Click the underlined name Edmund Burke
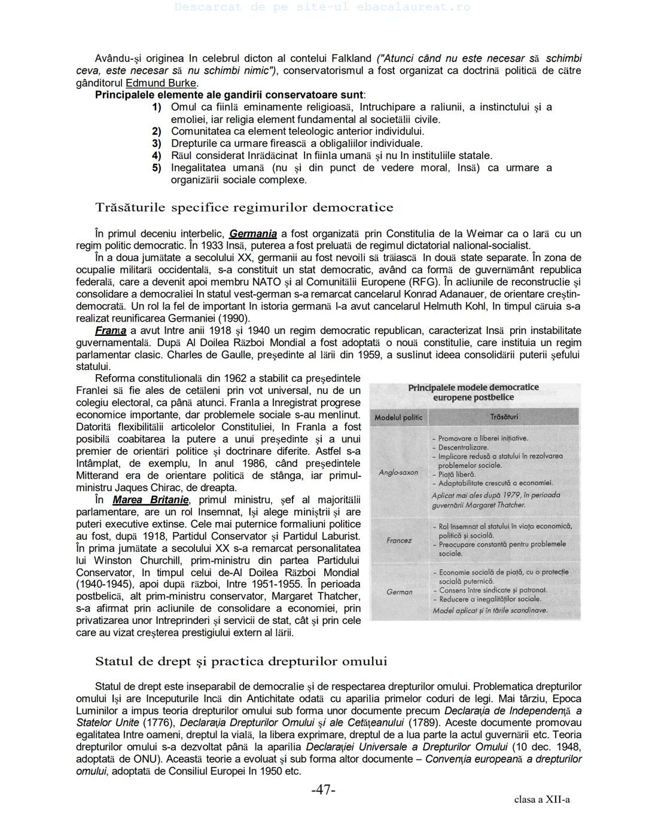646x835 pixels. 161,83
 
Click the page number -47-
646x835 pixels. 323,790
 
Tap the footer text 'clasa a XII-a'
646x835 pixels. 541,800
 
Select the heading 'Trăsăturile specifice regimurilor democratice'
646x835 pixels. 244,208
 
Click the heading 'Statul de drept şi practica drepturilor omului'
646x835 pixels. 241,662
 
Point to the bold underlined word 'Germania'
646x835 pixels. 253,234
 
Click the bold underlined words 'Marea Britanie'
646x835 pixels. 151,500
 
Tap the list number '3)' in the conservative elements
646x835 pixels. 157,143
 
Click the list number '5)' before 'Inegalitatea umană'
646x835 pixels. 157,168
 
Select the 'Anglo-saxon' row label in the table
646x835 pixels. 398,472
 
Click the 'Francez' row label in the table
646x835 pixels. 399,540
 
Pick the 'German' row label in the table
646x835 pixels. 399,592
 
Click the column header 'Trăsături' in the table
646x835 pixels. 504,417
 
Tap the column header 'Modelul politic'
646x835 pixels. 398,417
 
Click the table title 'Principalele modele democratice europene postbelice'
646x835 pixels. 473,392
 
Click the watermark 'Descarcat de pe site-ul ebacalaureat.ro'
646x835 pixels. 323,7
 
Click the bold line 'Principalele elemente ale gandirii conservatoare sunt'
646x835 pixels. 230,95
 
